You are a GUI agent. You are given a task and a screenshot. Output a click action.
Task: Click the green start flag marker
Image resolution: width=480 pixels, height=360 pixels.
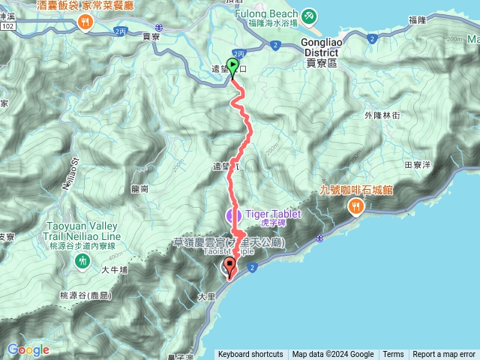pyautogui.click(x=232, y=68)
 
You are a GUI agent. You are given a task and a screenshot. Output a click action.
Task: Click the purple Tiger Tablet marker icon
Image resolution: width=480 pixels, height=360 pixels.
pyautogui.click(x=232, y=215)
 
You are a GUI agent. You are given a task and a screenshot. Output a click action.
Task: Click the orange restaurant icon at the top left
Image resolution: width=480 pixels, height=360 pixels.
pyautogui.click(x=84, y=22)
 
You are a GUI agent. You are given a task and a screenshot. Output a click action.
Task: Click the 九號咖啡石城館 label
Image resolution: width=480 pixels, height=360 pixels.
pyautogui.click(x=361, y=190)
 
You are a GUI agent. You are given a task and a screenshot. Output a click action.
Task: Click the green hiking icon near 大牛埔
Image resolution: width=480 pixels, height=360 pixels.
pyautogui.click(x=82, y=261)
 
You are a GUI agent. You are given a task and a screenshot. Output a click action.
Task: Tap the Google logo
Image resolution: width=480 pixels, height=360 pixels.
pyautogui.click(x=28, y=349)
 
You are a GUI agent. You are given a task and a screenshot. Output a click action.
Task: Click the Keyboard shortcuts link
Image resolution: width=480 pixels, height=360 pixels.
pyautogui.click(x=250, y=355)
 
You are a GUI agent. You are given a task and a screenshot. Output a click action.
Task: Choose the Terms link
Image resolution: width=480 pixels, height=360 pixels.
pyautogui.click(x=393, y=355)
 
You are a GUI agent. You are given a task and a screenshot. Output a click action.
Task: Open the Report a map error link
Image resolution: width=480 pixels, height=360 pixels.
pyautogui.click(x=444, y=355)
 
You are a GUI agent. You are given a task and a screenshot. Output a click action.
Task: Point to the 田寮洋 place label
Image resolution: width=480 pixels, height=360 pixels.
pyautogui.click(x=417, y=163)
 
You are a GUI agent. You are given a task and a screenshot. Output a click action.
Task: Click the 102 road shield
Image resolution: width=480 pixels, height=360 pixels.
pyautogui.click(x=8, y=25)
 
